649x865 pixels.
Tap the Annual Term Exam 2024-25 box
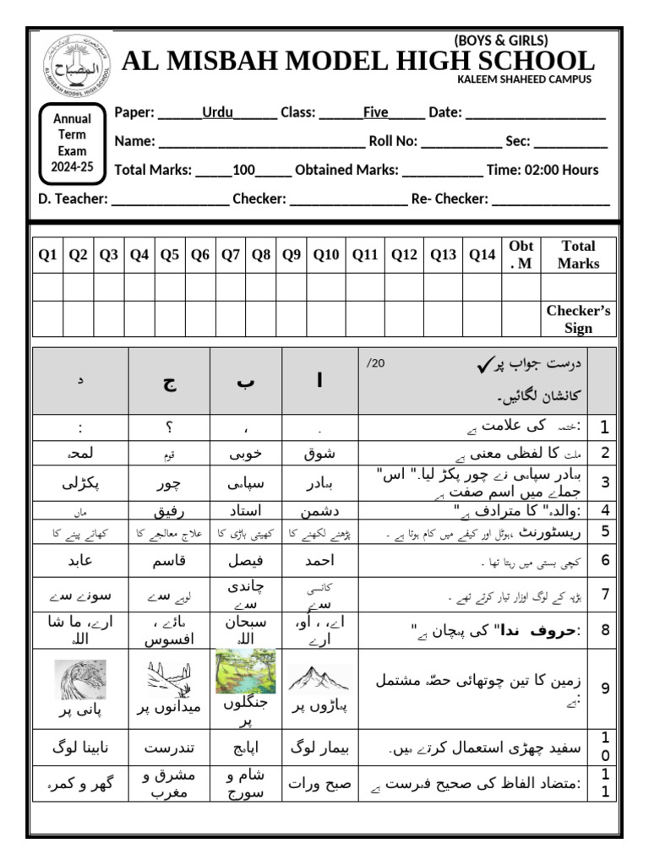click(73, 143)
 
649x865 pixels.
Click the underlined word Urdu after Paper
click(217, 112)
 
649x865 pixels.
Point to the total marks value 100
click(243, 170)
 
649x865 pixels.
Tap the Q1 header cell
click(48, 255)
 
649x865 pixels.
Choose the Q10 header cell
click(325, 255)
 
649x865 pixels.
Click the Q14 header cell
click(482, 255)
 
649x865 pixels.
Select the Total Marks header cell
click(578, 255)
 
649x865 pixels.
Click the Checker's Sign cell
click(578, 319)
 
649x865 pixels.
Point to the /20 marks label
click(375, 363)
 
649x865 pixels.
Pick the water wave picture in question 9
click(79, 679)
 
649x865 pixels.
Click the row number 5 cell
click(604, 531)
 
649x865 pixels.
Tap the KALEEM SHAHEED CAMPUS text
click(524, 79)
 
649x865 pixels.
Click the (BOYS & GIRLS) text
click(501, 41)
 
